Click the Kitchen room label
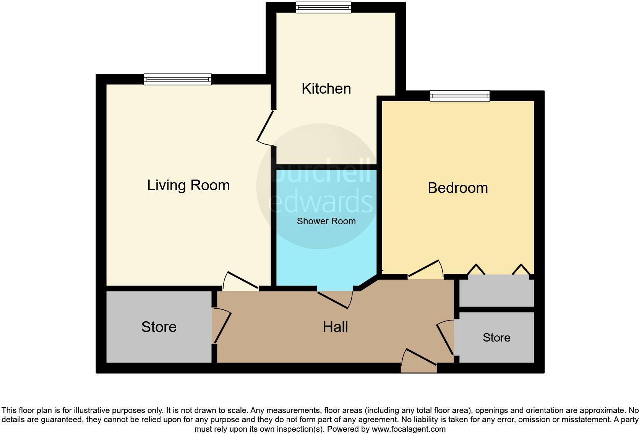point(326,89)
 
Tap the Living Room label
point(188,185)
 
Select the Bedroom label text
point(457,188)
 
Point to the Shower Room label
point(326,221)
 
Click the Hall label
point(335,327)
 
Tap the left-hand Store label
point(159,327)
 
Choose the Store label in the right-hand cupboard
point(496,338)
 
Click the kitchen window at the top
point(323,7)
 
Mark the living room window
point(177,79)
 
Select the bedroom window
point(459,96)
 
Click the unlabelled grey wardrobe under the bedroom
point(496,293)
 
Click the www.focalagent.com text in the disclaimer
point(409,429)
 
